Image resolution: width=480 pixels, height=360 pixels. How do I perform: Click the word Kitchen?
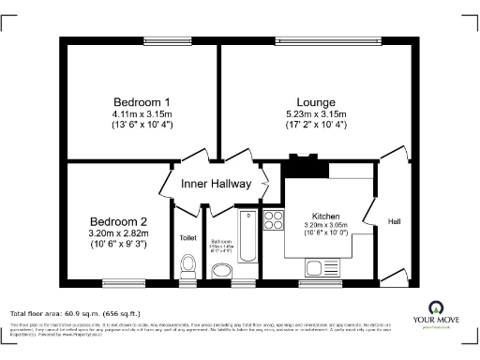(326, 215)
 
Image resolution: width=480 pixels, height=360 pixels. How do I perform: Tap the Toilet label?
(187, 238)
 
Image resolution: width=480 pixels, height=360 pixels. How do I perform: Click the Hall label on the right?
(395, 222)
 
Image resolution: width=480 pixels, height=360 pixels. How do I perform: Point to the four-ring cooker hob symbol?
(275, 220)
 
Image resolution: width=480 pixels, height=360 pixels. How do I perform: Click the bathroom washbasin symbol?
(222, 271)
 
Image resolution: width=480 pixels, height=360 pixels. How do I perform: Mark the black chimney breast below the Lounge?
(302, 168)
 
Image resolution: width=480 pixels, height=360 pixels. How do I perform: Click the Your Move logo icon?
(436, 307)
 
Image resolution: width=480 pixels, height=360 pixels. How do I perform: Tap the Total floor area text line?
(74, 313)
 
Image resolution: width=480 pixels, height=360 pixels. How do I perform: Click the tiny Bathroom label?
(221, 242)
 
